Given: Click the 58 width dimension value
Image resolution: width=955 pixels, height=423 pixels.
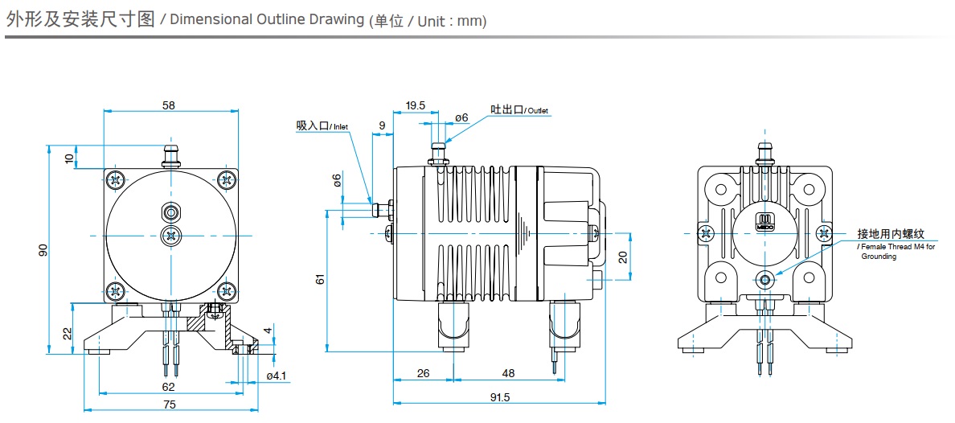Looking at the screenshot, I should [x=168, y=105].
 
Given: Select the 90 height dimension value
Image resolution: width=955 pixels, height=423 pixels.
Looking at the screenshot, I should [x=43, y=250].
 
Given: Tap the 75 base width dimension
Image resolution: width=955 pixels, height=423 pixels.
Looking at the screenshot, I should [x=169, y=404].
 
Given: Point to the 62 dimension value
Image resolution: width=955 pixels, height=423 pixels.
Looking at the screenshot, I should [x=169, y=386].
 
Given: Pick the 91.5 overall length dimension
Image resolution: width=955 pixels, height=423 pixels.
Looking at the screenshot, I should [x=499, y=396].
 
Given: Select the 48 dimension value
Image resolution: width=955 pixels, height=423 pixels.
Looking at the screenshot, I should [x=508, y=374].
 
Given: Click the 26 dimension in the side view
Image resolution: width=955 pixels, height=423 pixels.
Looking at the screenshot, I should [x=424, y=374].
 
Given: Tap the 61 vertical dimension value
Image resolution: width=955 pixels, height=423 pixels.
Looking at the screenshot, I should [x=320, y=279].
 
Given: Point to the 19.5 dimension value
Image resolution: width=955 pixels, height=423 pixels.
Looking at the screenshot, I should [x=415, y=105].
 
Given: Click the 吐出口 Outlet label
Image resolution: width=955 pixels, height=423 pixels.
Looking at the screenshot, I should [x=519, y=109].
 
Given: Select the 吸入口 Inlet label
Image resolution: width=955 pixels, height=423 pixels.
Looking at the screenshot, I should [x=324, y=125].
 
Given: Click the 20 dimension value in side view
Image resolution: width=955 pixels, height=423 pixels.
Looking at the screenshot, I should [x=622, y=257].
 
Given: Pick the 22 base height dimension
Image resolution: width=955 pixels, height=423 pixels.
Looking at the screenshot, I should [x=68, y=331].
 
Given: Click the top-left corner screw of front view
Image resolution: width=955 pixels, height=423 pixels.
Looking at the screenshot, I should [x=117, y=179].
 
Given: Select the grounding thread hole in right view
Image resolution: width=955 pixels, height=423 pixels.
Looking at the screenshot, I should [x=764, y=280].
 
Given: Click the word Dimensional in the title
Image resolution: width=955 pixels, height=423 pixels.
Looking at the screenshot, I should [x=209, y=19].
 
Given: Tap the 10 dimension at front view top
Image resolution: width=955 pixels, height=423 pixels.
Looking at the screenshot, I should [x=69, y=157].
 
